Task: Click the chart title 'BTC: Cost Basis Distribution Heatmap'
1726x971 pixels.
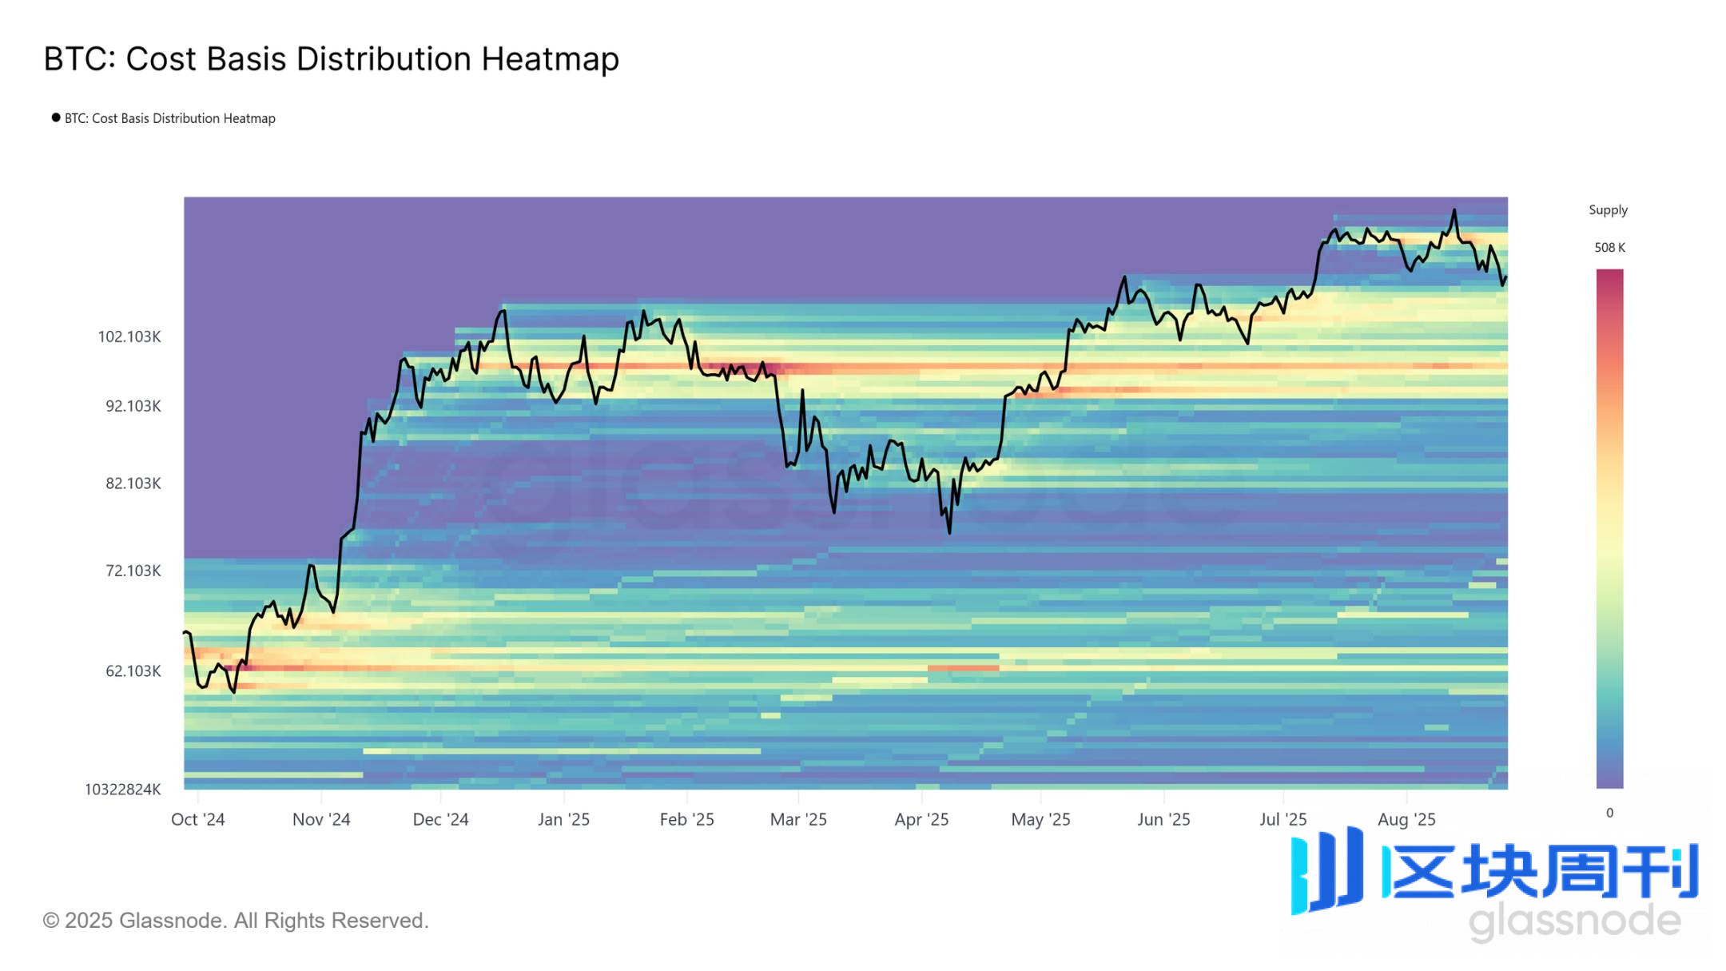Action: pos(331,59)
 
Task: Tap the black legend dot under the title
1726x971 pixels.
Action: pos(56,117)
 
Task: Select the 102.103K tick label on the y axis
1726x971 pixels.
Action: pos(129,336)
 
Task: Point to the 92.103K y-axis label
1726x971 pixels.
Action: pos(133,406)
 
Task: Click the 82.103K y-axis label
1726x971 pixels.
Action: pos(133,484)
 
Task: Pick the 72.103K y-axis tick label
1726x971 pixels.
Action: pos(133,571)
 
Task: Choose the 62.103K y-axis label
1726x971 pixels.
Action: pos(133,671)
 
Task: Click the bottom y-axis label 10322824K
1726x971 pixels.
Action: pos(123,790)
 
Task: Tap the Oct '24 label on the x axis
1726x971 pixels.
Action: pos(198,819)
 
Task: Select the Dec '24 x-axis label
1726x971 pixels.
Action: pos(440,819)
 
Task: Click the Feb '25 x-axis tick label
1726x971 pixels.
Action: pos(686,819)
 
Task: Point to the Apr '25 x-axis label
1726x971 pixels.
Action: pos(921,819)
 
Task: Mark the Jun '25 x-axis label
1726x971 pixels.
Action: pos(1163,819)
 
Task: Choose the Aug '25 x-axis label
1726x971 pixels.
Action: pos(1406,819)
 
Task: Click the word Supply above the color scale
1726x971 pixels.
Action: pos(1608,210)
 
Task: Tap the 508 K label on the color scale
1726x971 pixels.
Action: pos(1609,248)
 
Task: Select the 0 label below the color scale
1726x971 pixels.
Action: pos(1609,813)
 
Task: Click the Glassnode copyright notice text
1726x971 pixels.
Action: pos(236,921)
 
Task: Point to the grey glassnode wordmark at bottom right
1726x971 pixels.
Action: pos(1574,921)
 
